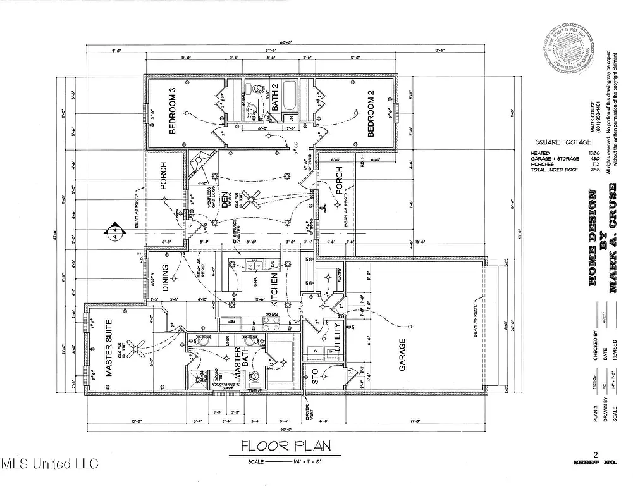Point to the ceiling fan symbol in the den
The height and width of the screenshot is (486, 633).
click(x=254, y=201)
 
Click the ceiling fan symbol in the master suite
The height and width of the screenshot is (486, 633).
click(x=138, y=345)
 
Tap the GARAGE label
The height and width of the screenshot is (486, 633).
click(x=402, y=354)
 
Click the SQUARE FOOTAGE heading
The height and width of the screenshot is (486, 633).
click(x=561, y=142)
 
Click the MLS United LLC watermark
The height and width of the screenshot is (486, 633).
click(x=50, y=464)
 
